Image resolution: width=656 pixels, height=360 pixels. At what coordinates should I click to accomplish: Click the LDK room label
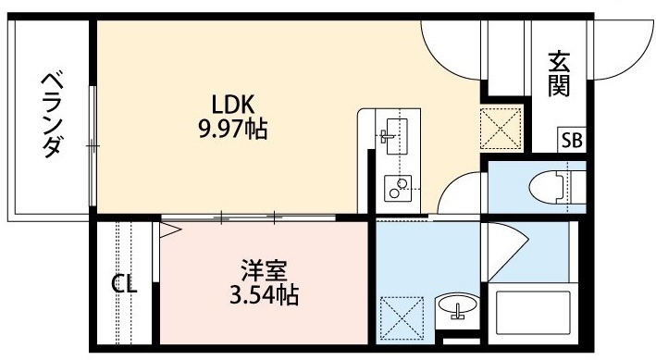[233, 105]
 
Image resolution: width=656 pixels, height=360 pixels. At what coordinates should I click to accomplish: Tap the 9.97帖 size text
[233, 129]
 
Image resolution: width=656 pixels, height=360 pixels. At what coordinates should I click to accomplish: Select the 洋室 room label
[264, 270]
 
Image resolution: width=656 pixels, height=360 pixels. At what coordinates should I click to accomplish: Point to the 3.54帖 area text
[264, 294]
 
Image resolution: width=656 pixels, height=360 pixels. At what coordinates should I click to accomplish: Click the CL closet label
[124, 284]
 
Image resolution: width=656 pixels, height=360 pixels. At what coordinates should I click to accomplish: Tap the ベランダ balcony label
[53, 116]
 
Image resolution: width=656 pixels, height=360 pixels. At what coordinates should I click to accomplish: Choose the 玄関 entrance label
[559, 74]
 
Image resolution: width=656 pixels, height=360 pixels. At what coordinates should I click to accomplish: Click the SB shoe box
[572, 141]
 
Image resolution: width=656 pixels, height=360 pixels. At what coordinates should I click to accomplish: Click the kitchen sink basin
[397, 136]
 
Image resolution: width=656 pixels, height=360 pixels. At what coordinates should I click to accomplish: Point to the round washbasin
[457, 304]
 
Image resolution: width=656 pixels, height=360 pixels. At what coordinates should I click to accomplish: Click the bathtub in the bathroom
[533, 313]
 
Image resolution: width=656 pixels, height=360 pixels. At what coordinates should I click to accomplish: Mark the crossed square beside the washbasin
[402, 317]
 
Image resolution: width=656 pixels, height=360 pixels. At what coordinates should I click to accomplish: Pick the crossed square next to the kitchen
[501, 129]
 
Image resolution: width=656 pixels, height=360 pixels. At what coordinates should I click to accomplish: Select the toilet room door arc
[450, 183]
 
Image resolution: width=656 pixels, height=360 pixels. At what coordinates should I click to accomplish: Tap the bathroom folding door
[505, 251]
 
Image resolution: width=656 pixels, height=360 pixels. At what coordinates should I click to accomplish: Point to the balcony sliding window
[93, 145]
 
